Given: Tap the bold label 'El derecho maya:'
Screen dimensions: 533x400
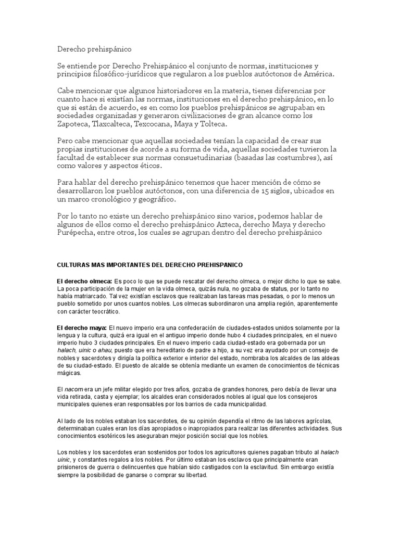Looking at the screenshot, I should click(81, 328).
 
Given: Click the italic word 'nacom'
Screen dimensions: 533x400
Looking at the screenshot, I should click(73, 389).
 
